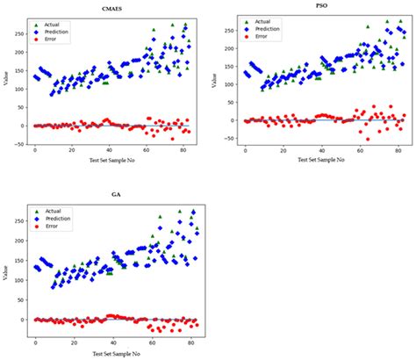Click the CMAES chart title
point(112,11)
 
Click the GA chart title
point(112,196)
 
